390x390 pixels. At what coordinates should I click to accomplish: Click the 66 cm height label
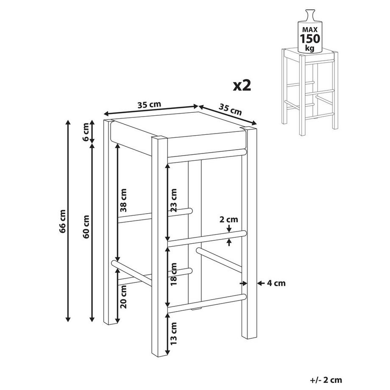tap(63, 222)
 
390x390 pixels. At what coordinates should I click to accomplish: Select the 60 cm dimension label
tap(86, 227)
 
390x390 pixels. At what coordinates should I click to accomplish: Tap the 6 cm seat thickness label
tap(86, 136)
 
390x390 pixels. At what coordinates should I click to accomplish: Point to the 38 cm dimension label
tap(123, 200)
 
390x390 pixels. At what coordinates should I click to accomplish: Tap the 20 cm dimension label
tap(123, 297)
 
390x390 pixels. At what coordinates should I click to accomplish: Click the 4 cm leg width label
tap(276, 283)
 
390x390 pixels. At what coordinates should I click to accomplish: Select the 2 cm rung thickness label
tap(228, 220)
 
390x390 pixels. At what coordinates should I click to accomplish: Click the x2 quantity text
tap(242, 85)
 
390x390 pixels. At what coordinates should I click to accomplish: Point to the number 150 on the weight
tap(310, 39)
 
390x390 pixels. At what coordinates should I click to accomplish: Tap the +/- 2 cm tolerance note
tap(326, 380)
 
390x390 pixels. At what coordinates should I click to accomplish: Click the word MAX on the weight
tap(310, 30)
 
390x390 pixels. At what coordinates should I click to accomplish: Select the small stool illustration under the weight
tap(309, 92)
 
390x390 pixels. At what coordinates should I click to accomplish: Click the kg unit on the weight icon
tap(310, 48)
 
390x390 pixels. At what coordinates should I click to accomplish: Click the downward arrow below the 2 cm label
tap(229, 228)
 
